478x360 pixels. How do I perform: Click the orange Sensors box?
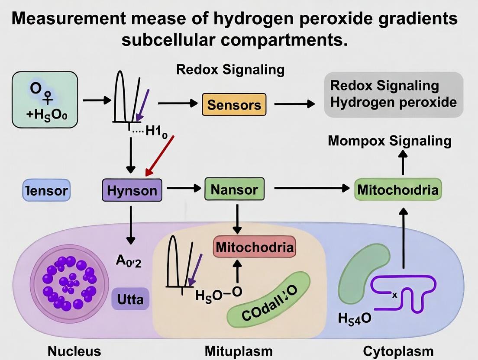[234, 104]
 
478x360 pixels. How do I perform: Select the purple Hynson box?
[132, 190]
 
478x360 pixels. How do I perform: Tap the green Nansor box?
[234, 189]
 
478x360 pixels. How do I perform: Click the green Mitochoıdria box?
[397, 190]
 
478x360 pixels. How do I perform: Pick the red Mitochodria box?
[255, 247]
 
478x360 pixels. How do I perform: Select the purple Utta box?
[130, 299]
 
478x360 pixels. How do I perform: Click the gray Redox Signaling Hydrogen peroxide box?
[394, 94]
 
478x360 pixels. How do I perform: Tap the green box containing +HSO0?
[45, 100]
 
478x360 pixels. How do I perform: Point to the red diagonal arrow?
[160, 155]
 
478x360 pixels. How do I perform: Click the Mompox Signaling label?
[390, 141]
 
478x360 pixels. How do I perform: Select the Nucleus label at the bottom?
[74, 351]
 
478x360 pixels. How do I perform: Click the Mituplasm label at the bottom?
[239, 351]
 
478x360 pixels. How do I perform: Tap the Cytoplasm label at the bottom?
[398, 351]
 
